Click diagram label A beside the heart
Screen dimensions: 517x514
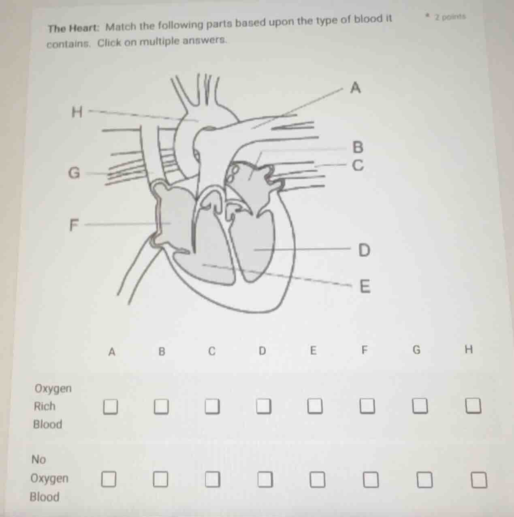[355, 88]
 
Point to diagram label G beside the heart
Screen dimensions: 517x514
[74, 173]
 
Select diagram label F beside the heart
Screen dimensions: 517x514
[73, 224]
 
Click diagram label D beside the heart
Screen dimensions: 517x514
[365, 250]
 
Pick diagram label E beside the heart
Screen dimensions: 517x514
[365, 287]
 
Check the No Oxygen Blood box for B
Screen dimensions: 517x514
[160, 480]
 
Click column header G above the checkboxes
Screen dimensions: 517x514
[416, 350]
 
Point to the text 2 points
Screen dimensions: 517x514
[450, 17]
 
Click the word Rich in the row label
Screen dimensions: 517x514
[45, 406]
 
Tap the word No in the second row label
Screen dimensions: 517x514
[39, 459]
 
